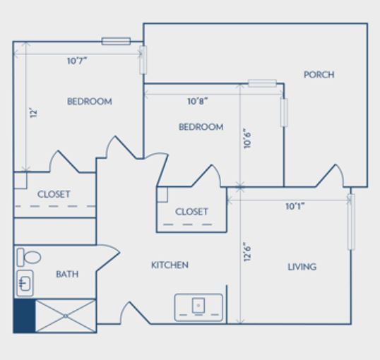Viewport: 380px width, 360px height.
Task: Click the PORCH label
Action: click(319, 75)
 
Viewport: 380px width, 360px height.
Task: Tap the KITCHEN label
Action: click(170, 265)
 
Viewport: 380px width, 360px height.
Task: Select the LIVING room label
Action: click(302, 267)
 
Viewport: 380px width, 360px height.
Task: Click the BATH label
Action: click(67, 275)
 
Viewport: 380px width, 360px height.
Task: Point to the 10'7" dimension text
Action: click(77, 61)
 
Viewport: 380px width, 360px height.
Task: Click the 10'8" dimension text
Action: click(198, 101)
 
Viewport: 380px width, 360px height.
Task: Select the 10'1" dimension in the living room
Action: click(295, 206)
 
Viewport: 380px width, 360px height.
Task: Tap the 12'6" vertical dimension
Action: click(247, 252)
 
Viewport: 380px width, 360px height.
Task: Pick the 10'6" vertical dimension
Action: click(247, 138)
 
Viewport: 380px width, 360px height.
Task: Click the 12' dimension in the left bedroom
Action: click(34, 113)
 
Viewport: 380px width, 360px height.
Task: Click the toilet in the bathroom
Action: click(28, 257)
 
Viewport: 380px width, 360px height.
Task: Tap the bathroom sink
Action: click(25, 283)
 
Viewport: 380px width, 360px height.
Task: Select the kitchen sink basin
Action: click(198, 306)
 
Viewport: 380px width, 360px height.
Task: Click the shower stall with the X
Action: click(66, 316)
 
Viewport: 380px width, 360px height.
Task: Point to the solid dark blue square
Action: click(24, 316)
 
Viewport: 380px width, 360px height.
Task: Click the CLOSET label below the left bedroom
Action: click(54, 194)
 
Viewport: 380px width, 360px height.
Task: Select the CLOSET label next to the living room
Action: click(191, 212)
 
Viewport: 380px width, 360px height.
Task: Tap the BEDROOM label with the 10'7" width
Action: click(90, 102)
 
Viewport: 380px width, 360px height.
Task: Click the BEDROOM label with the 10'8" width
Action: click(201, 127)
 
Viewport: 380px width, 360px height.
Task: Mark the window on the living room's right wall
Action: click(351, 222)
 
